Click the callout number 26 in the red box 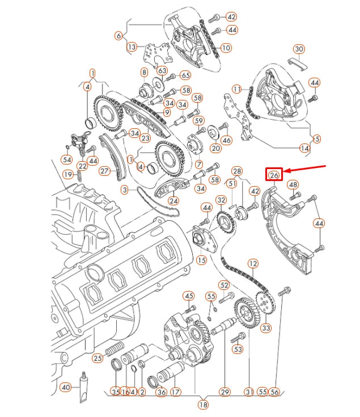[274, 175]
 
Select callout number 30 [299, 49]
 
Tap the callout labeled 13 [132, 47]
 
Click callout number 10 [226, 48]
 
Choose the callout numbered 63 [163, 71]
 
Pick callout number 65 [185, 75]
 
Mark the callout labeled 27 [104, 170]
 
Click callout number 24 [173, 200]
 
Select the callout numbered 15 [201, 260]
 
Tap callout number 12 [253, 263]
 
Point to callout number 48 [293, 184]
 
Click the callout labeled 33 [266, 327]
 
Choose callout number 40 [66, 387]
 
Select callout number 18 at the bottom [203, 405]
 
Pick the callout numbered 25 [98, 358]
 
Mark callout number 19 [68, 174]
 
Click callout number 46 [226, 140]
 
